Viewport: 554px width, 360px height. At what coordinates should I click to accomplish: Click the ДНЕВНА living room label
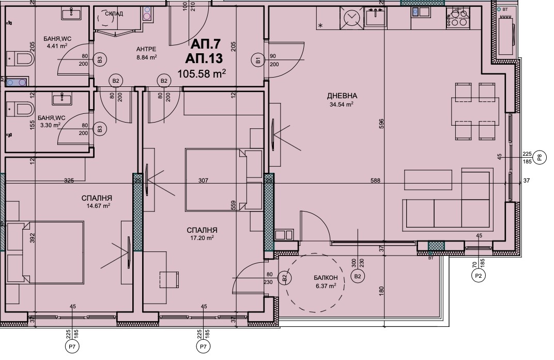pyautogui.click(x=342, y=96)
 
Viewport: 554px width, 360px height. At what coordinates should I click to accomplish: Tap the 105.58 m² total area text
pyautogui.click(x=202, y=73)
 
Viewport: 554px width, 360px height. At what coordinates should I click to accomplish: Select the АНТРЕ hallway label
pyautogui.click(x=146, y=49)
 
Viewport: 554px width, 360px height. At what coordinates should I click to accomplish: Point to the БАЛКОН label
pyautogui.click(x=326, y=278)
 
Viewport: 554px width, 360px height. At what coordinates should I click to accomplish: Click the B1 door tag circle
pyautogui.click(x=258, y=60)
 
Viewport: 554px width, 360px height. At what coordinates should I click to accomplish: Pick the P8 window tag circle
pyautogui.click(x=539, y=157)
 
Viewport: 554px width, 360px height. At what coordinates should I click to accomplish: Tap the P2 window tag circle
pyautogui.click(x=479, y=276)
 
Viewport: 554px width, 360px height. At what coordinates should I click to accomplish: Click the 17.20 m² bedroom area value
pyautogui.click(x=202, y=238)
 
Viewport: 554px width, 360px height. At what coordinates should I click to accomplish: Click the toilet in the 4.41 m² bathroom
pyautogui.click(x=21, y=58)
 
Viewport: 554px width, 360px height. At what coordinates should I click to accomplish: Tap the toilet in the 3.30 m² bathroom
pyautogui.click(x=21, y=109)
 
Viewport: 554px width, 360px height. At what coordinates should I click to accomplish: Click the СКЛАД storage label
pyautogui.click(x=115, y=14)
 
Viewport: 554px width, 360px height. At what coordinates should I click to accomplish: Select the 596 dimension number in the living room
pyautogui.click(x=381, y=124)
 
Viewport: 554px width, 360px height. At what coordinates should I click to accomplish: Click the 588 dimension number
pyautogui.click(x=375, y=181)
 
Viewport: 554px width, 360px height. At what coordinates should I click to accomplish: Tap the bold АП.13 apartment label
pyautogui.click(x=204, y=58)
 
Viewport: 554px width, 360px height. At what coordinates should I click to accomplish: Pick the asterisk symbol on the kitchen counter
pyautogui.click(x=321, y=26)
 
